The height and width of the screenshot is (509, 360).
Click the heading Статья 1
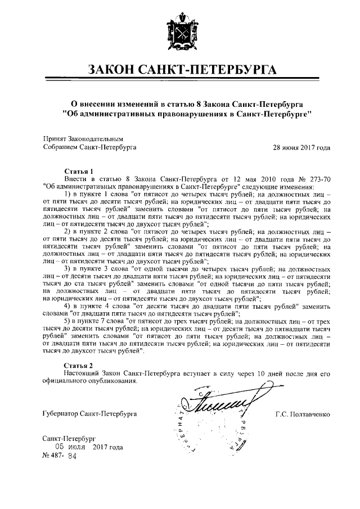point(78,170)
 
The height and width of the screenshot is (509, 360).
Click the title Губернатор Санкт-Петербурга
point(89,415)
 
